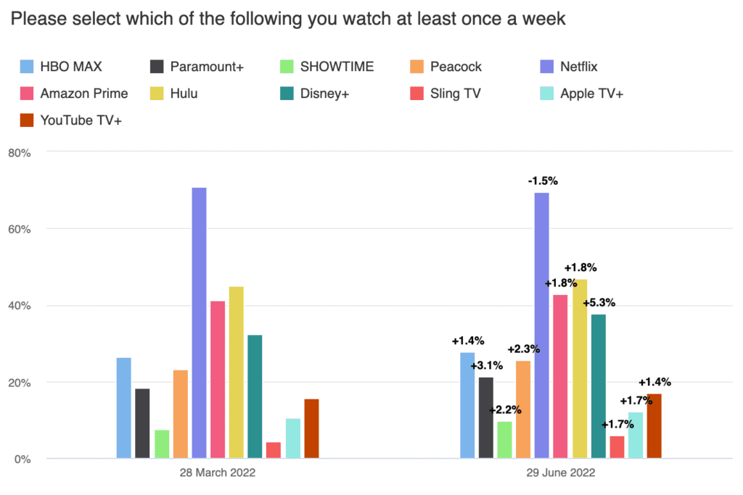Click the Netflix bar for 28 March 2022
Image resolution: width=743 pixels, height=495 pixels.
[199, 323]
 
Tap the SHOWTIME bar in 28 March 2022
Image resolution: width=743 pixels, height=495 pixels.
[162, 444]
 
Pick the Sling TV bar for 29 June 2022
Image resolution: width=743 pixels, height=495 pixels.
[617, 447]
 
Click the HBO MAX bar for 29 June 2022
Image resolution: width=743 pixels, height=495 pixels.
[467, 405]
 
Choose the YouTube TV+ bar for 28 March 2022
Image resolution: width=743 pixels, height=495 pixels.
[311, 428]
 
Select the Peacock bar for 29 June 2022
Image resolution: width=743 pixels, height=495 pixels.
[523, 409]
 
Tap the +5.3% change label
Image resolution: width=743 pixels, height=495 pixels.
[599, 302]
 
